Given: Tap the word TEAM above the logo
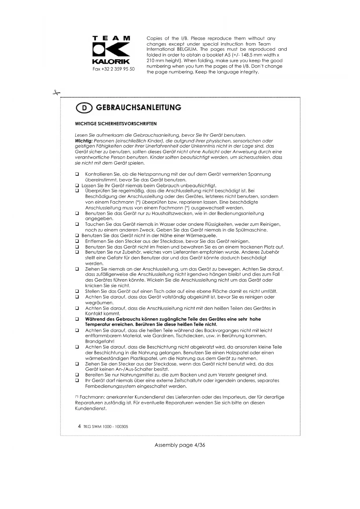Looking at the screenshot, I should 111,38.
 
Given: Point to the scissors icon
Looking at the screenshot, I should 56,93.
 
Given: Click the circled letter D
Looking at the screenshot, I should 84,108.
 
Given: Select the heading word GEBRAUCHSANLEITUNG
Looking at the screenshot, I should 138,108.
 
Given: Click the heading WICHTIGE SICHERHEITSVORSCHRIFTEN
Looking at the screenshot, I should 116,124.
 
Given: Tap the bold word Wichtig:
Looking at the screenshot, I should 84,141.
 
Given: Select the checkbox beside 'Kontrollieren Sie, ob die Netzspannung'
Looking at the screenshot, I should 77,174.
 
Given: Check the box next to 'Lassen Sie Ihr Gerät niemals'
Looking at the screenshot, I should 77,185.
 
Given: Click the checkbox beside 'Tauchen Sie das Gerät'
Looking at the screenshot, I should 77,224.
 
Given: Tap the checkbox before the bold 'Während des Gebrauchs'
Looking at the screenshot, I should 77,319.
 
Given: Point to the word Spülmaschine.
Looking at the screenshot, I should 253,230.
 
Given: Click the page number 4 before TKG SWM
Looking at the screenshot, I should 79,426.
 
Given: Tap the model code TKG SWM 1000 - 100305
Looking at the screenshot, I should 106,427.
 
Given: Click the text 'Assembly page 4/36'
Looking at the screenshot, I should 180,445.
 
